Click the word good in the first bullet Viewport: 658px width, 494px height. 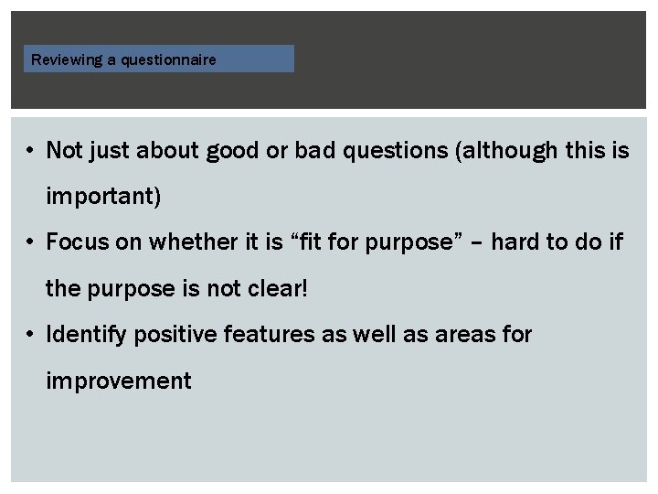click(x=232, y=151)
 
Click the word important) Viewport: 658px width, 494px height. click(x=103, y=197)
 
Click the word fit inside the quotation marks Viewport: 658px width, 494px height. click(x=309, y=242)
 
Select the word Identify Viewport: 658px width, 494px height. click(x=87, y=335)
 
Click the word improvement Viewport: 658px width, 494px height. click(x=119, y=381)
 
